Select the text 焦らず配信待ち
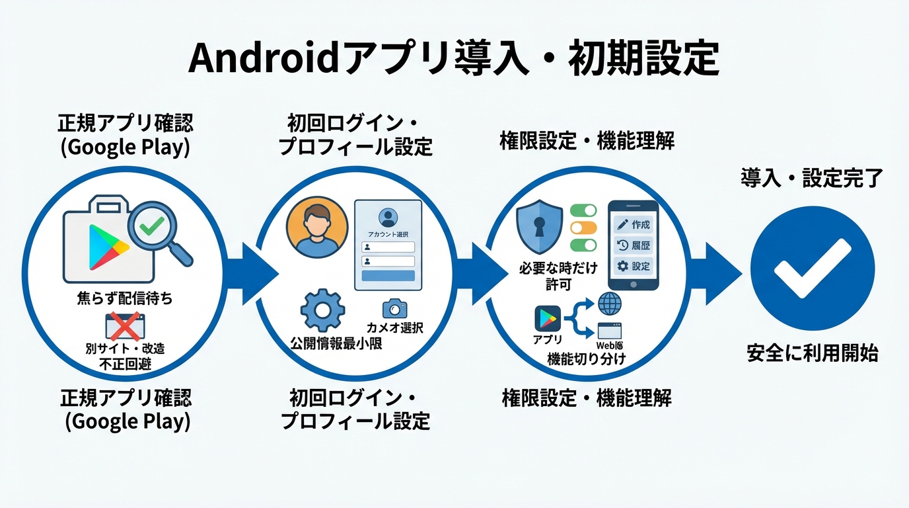(x=125, y=298)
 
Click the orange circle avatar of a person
(x=317, y=226)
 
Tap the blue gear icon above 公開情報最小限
(x=322, y=310)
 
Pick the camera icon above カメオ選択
(x=394, y=308)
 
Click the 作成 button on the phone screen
(x=634, y=224)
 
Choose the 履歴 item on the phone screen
(x=634, y=245)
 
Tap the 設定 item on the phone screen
(x=634, y=267)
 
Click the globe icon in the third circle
(x=609, y=304)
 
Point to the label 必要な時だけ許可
(x=558, y=276)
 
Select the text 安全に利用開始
(x=812, y=353)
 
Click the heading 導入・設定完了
(x=811, y=178)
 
